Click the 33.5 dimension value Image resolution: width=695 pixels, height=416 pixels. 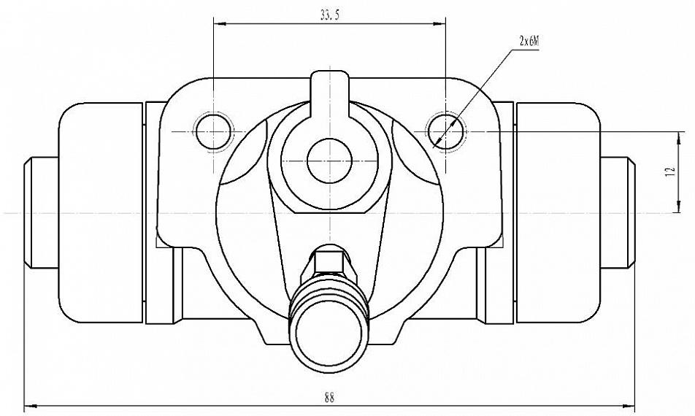click(x=329, y=15)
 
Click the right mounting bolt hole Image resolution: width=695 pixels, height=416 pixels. click(x=445, y=131)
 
